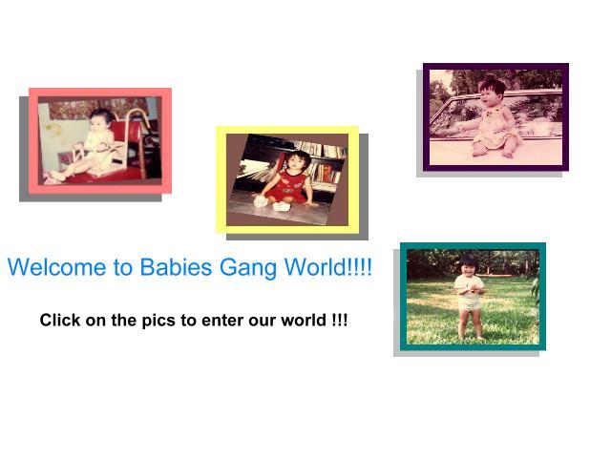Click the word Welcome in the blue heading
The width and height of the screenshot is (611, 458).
coord(57,267)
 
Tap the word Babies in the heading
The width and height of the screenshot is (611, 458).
coord(176,267)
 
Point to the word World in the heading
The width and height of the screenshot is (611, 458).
coord(315,267)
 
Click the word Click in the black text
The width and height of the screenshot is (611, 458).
coord(60,321)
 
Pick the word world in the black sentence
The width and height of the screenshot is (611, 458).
coord(304,321)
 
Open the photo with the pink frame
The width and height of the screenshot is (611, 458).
coord(100,140)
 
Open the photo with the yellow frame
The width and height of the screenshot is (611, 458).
coord(287,179)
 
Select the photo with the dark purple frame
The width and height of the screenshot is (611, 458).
coord(495,117)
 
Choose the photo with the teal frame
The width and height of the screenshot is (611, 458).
coord(474,297)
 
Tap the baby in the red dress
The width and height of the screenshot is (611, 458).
coord(287,179)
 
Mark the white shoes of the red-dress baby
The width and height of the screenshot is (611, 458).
coord(271,203)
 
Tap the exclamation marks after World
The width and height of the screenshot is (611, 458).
coord(359,267)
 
